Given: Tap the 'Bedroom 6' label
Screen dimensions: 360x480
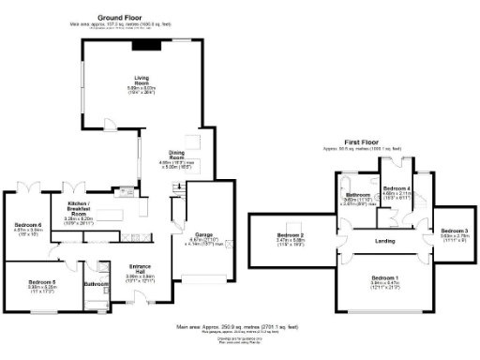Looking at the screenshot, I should (28, 225).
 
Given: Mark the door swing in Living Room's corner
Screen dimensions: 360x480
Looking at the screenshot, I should (108, 125).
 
